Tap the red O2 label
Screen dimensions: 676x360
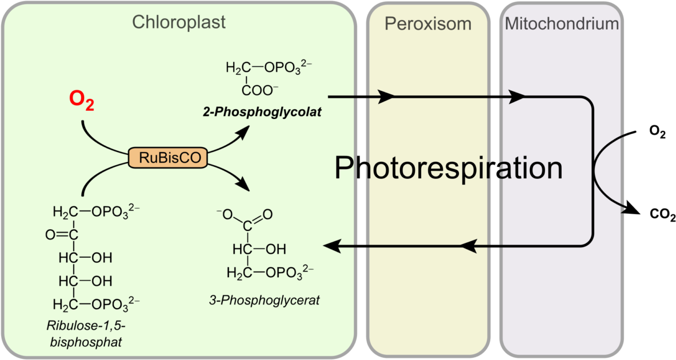click(x=82, y=101)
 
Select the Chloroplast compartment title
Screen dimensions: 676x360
click(x=179, y=22)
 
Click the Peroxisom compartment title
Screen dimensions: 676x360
click(x=428, y=23)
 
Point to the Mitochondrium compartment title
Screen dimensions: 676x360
click(x=562, y=23)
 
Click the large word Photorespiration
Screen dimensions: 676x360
click(x=449, y=168)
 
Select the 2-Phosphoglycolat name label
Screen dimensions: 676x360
click(x=262, y=112)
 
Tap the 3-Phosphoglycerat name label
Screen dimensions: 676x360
click(x=264, y=300)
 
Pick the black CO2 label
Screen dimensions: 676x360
click(x=662, y=214)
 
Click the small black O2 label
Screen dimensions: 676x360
click(x=658, y=133)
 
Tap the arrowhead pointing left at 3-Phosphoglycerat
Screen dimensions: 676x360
click(x=331, y=247)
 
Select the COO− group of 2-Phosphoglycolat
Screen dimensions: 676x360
click(x=260, y=90)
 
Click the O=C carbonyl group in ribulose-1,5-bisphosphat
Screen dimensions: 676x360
click(x=62, y=234)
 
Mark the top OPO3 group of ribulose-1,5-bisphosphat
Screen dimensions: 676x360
click(x=115, y=212)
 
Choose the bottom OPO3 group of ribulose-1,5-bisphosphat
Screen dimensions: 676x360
click(x=115, y=305)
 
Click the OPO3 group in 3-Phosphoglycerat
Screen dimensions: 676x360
click(x=289, y=273)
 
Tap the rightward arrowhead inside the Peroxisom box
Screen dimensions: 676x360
click(x=386, y=97)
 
